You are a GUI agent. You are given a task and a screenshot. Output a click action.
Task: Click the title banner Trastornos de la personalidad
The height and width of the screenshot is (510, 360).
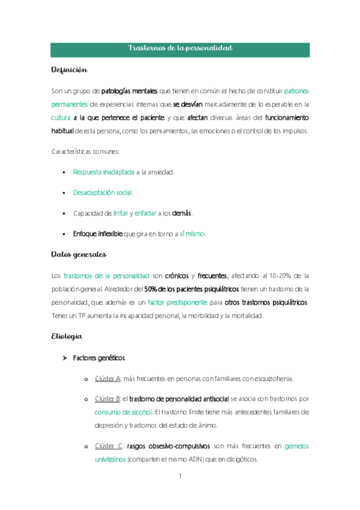tap(180, 48)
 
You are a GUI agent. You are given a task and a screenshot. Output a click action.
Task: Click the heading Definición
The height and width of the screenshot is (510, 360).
tap(70, 70)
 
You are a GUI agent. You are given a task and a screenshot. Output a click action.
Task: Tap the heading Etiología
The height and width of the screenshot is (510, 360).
tap(67, 336)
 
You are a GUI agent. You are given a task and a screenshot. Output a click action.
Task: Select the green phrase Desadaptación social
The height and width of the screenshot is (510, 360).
tap(103, 192)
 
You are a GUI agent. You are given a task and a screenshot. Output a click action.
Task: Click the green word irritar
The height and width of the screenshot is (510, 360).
tap(120, 213)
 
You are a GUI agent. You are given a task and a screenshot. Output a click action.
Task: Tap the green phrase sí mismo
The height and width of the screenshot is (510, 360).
tap(192, 233)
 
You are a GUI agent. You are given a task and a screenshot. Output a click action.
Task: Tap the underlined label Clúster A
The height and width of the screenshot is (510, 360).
tap(108, 378)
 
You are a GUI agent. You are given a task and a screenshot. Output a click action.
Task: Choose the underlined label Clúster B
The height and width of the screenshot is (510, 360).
tap(108, 398)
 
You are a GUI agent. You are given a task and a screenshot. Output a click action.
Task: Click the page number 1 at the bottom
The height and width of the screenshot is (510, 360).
tap(180, 476)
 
